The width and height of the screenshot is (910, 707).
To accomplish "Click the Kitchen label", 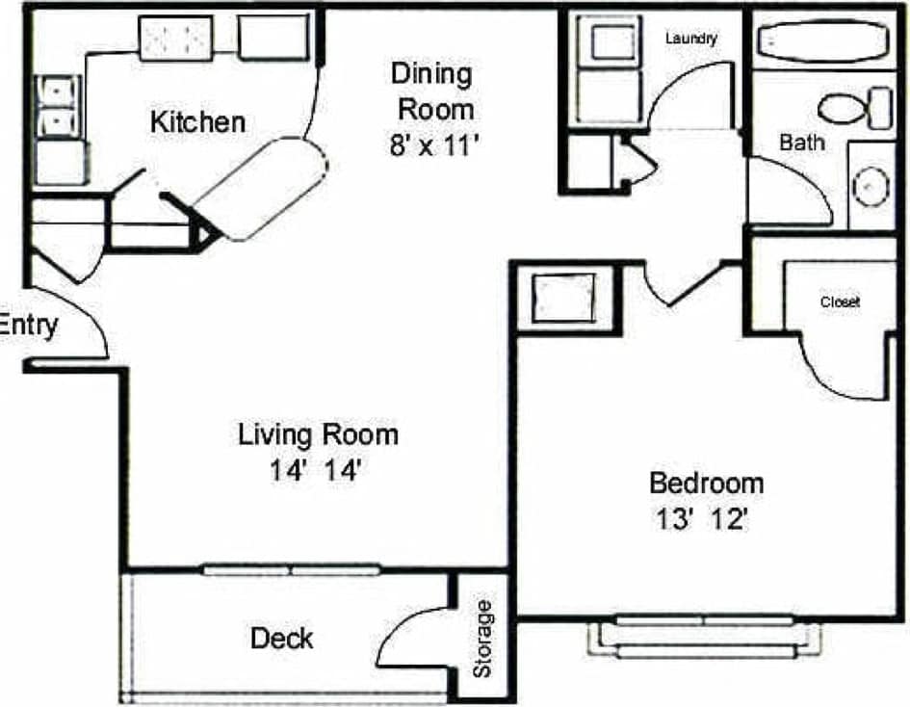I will (198, 122).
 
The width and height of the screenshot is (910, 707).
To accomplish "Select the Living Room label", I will (318, 434).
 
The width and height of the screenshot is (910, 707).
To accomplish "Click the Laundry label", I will (690, 39).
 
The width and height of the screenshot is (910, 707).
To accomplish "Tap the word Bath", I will (801, 143).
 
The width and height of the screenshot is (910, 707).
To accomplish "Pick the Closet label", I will (840, 301).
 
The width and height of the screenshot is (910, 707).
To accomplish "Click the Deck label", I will (281, 638).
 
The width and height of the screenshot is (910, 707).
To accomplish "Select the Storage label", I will (483, 638).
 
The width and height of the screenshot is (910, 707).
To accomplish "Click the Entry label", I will (29, 325).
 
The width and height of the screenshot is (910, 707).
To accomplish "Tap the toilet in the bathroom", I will (856, 106).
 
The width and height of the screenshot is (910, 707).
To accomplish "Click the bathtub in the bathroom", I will (824, 42).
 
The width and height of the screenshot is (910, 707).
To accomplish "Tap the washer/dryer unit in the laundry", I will (609, 67).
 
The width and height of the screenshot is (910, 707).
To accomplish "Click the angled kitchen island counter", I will (262, 188).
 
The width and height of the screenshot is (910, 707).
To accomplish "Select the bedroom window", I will (708, 636).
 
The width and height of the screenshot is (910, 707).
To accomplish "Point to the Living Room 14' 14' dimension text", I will (318, 472).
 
